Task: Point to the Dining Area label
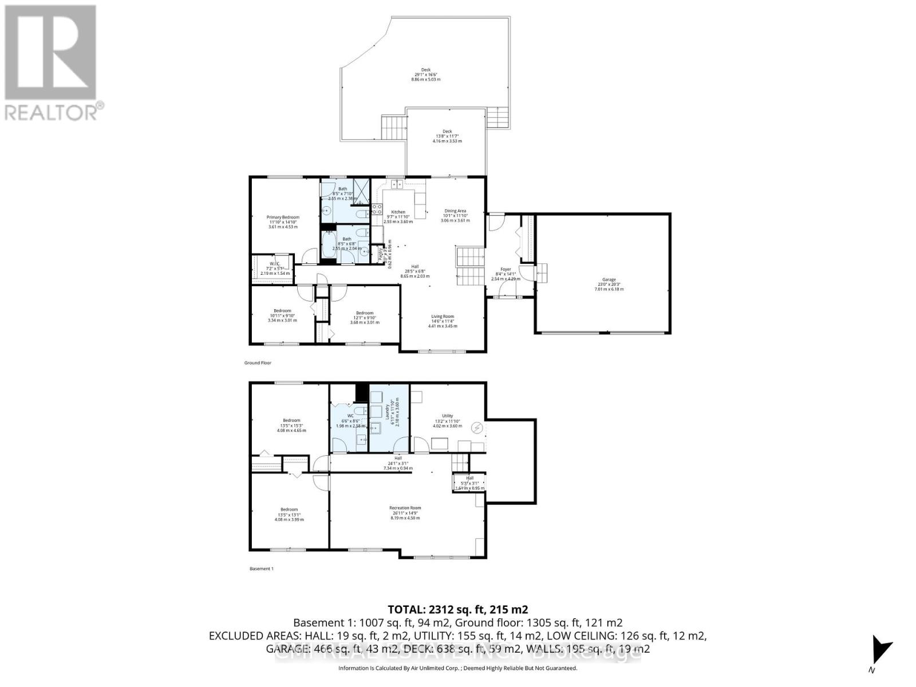click(x=455, y=211)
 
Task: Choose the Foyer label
click(x=506, y=269)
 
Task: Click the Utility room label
click(x=447, y=416)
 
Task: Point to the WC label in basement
click(x=350, y=416)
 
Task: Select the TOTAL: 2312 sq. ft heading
click(x=457, y=609)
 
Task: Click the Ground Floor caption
click(x=258, y=363)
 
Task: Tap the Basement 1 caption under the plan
click(x=262, y=568)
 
